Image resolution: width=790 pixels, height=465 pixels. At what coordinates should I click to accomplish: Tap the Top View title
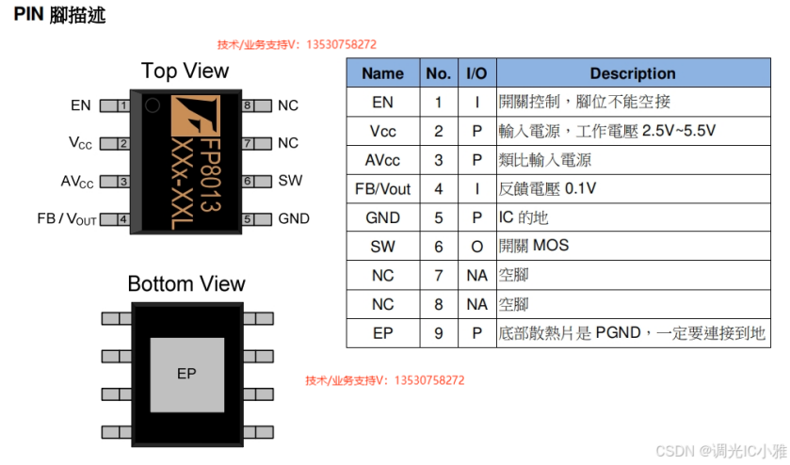click(185, 71)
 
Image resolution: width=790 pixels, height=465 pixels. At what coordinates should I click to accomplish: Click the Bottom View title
click(185, 284)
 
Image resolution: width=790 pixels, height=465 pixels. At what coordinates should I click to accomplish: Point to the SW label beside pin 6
click(290, 181)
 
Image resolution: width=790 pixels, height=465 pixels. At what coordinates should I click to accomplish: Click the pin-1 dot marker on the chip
click(152, 107)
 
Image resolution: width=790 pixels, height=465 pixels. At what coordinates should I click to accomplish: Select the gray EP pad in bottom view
click(186, 374)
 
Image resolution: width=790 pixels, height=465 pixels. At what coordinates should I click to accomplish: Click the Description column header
click(632, 73)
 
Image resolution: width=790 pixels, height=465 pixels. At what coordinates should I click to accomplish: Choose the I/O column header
click(476, 73)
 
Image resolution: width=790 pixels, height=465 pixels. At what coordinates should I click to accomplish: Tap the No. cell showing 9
click(438, 333)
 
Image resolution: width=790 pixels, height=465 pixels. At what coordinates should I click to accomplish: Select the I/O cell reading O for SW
click(476, 247)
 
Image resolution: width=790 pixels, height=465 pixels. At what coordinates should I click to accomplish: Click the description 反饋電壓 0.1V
click(547, 189)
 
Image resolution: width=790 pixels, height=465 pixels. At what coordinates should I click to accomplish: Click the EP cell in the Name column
click(382, 333)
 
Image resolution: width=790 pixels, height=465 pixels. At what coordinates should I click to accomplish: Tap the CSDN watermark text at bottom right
click(720, 451)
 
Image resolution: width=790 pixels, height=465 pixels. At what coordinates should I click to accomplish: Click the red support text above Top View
click(297, 44)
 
